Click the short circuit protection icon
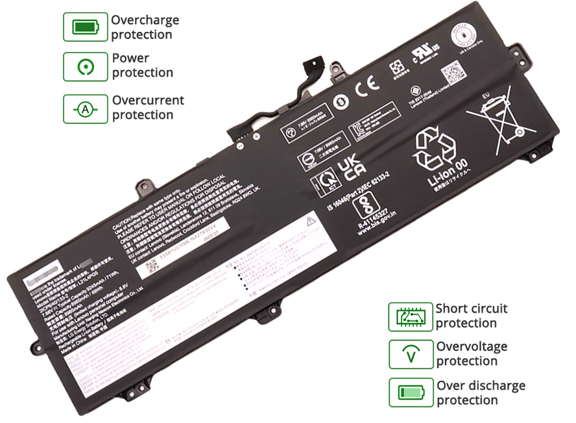tap(410, 316)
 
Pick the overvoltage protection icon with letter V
tap(410, 355)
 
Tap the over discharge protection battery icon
tap(410, 393)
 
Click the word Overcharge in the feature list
tap(145, 20)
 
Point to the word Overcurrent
tap(148, 101)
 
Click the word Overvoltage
tap(472, 347)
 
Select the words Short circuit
tap(472, 309)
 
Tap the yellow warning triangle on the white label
tap(310, 222)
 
